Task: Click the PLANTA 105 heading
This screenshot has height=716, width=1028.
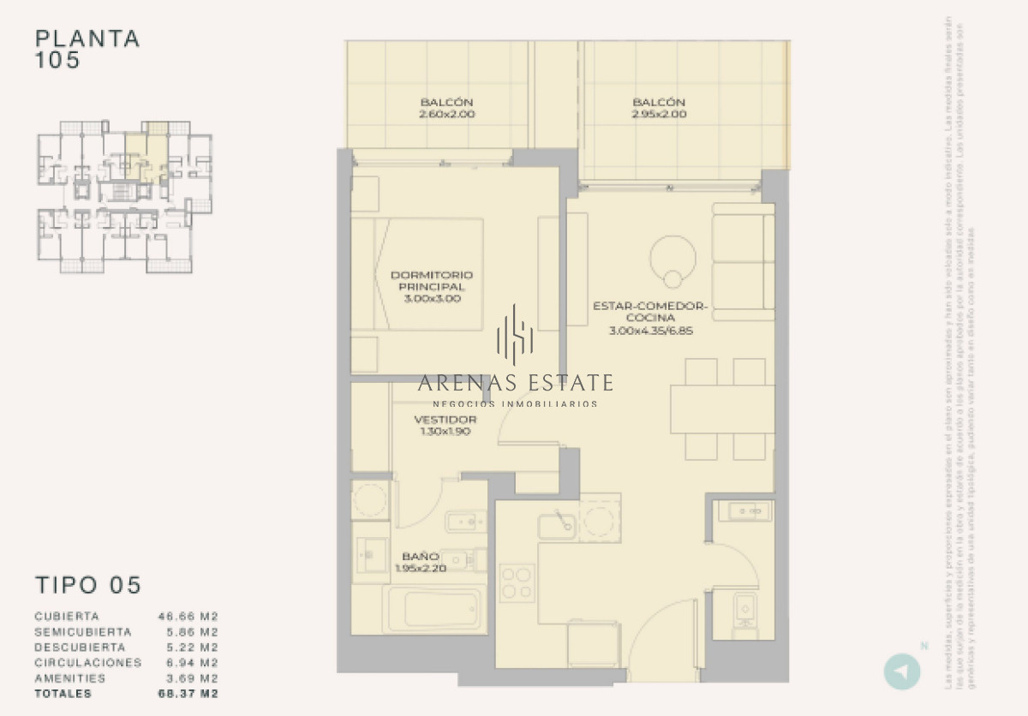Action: point(87,50)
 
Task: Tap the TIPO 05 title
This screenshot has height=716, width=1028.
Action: point(87,586)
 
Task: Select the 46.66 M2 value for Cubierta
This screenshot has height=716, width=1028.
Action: point(188,617)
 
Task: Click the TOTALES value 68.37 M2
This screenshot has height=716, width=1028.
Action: point(188,694)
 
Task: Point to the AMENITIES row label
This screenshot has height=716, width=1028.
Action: point(70,678)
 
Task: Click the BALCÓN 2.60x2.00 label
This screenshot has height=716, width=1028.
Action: point(446,108)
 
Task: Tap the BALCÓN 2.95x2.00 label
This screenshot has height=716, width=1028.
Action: point(659,108)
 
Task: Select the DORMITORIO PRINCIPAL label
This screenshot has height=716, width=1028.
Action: point(431,287)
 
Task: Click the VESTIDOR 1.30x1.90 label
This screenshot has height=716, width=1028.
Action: point(445,426)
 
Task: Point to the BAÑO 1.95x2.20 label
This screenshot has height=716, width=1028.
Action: point(421,562)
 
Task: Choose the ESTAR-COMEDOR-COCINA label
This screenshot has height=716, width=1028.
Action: point(649,318)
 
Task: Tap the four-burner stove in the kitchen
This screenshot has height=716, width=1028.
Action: point(517,582)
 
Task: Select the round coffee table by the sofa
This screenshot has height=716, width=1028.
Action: point(673,257)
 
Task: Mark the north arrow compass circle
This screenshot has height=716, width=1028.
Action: point(901,671)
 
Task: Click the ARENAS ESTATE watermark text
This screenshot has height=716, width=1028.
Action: point(516,382)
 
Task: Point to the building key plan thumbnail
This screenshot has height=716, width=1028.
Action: point(124,196)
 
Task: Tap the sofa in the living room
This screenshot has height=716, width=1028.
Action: point(743,262)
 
